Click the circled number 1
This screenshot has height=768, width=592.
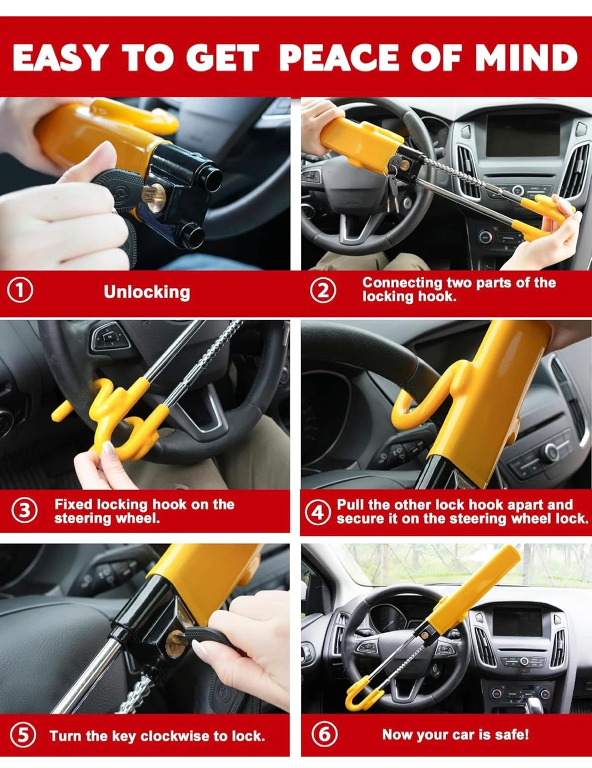point(20,291)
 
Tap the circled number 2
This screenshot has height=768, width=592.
point(323,291)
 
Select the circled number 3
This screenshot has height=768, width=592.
point(25,511)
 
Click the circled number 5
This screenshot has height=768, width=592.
point(23,735)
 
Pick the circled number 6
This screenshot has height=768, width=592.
point(324,734)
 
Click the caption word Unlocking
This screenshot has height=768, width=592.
point(147,292)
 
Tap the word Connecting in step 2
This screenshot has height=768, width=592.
point(402,283)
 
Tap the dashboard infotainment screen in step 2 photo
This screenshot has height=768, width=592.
point(523,134)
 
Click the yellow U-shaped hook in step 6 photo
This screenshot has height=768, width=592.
point(361,696)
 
